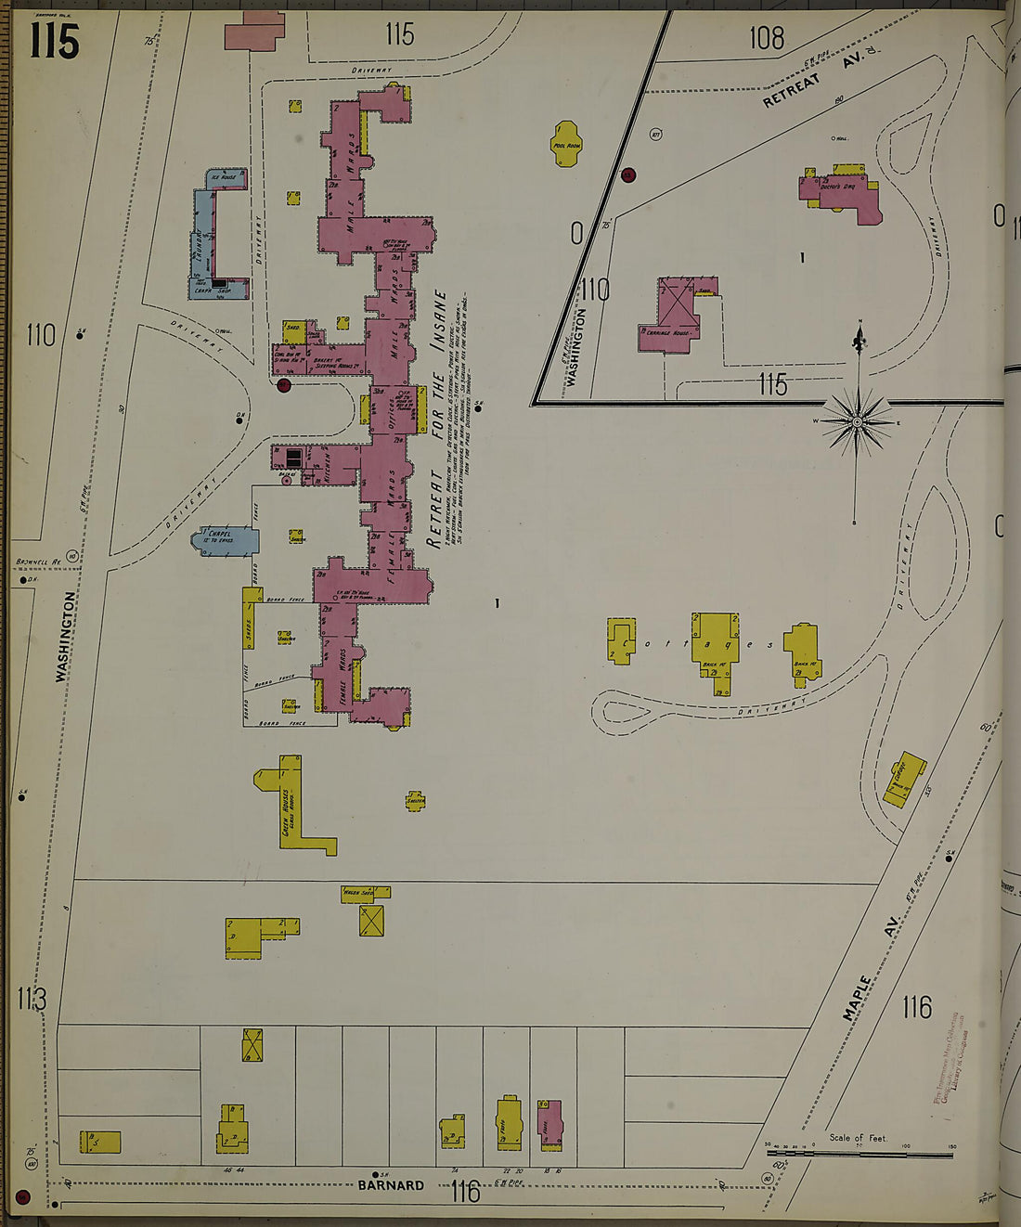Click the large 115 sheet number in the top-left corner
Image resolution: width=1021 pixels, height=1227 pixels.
[x=54, y=42]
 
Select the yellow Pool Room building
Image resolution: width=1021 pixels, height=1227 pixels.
[x=566, y=144]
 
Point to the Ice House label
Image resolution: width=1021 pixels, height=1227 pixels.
[x=224, y=176]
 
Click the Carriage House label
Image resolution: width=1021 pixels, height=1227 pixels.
[x=673, y=331]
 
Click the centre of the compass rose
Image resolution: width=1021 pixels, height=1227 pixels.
[x=858, y=422]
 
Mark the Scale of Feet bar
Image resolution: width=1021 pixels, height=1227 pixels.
[x=859, y=1155]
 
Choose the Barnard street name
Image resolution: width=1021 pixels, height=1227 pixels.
[x=391, y=1185]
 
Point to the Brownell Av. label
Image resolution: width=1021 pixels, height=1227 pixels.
[x=38, y=562]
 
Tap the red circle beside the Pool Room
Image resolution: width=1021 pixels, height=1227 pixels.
[x=628, y=174]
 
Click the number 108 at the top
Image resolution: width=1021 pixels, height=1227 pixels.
[x=767, y=38]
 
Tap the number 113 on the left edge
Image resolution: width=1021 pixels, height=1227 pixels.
[x=32, y=999]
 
